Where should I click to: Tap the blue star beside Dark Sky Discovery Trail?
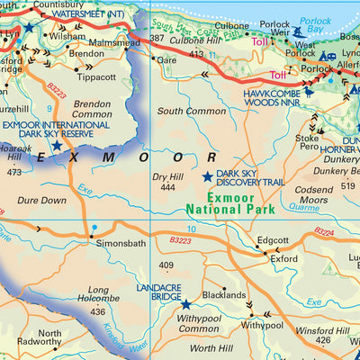coord(208,177)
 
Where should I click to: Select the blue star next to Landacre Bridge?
coord(185,305)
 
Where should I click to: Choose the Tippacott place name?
coord(97,76)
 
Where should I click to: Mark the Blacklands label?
coord(223,294)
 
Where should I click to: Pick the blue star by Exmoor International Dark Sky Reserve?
coord(58,144)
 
